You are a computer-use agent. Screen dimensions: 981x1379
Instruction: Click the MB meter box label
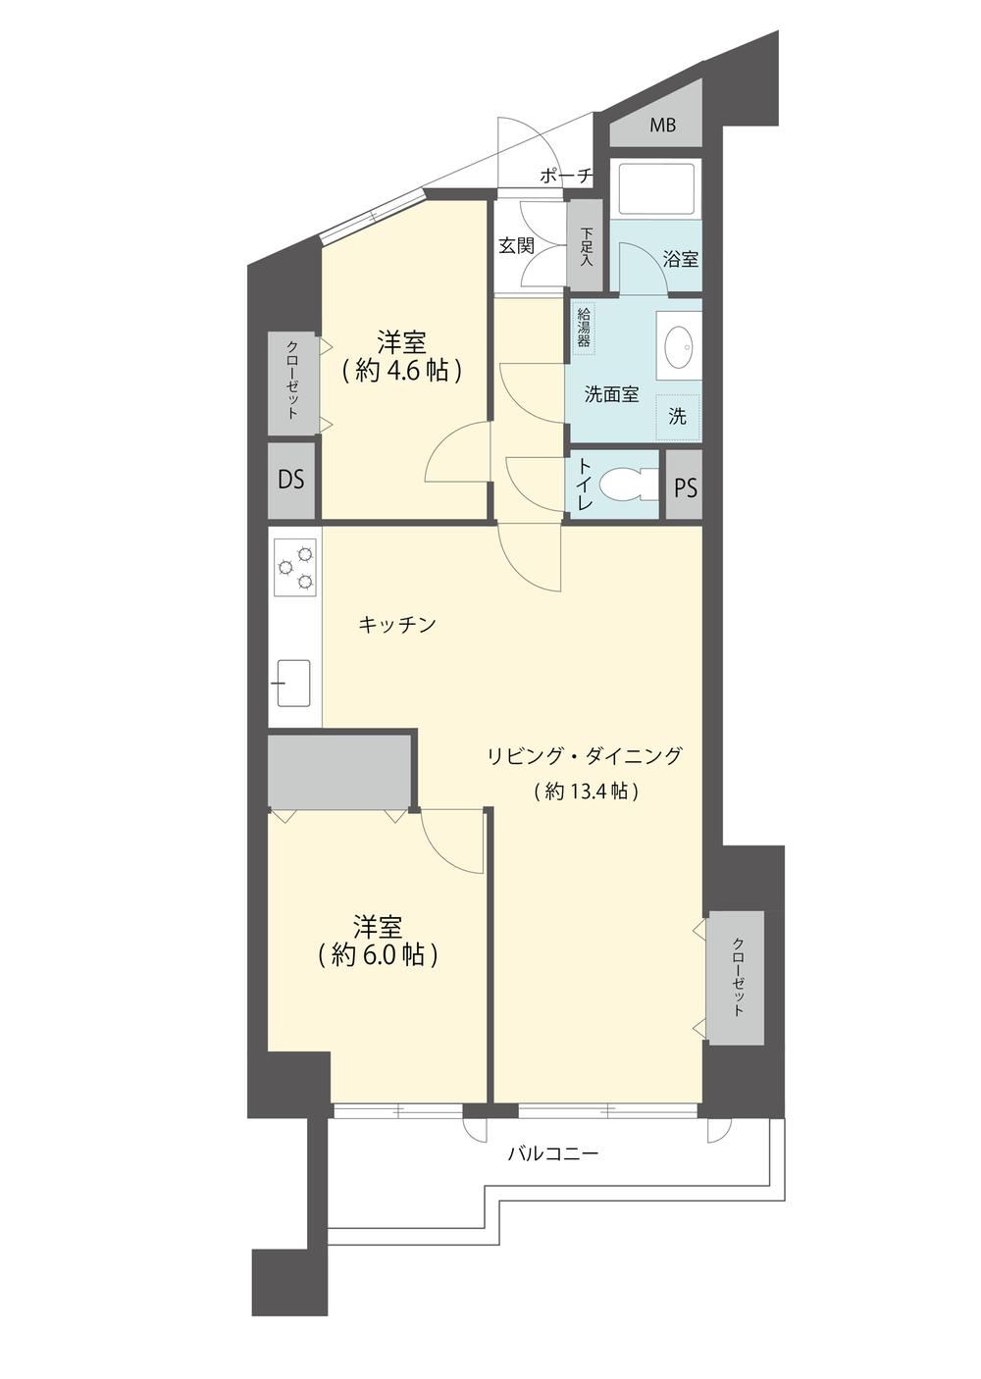click(662, 126)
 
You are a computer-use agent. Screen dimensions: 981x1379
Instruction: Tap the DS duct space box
click(291, 480)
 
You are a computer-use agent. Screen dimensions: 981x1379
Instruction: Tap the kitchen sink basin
click(293, 683)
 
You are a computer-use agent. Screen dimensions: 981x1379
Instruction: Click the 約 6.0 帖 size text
click(378, 954)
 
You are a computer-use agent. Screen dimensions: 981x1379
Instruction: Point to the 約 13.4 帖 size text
click(585, 792)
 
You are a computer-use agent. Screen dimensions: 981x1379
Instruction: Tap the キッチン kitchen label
click(397, 625)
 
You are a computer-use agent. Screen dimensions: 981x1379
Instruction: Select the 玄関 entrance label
click(516, 245)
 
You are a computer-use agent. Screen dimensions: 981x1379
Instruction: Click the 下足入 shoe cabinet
click(585, 245)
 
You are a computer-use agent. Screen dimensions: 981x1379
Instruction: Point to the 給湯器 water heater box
click(583, 328)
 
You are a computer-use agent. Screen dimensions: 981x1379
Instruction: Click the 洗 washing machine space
click(678, 417)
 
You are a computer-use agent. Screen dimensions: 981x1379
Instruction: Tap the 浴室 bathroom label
click(681, 259)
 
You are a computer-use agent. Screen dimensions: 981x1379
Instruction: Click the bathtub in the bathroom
click(656, 187)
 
